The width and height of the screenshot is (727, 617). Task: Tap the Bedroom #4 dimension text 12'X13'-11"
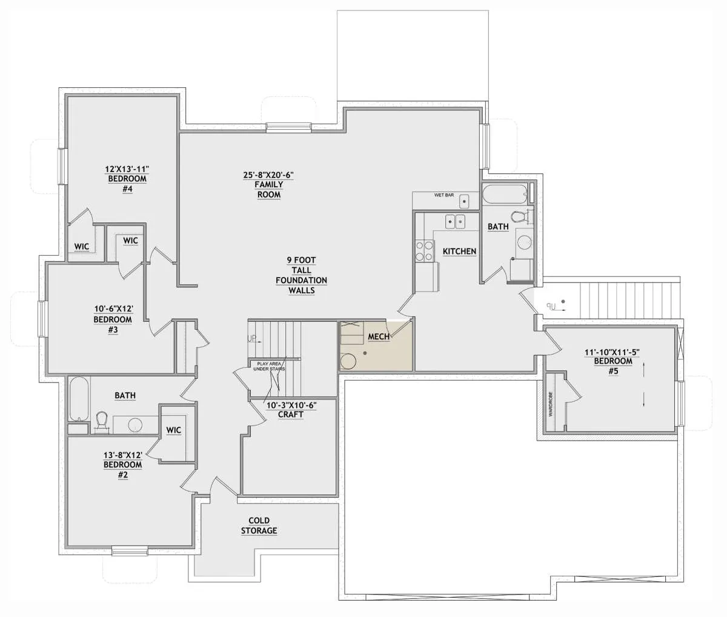pyautogui.click(x=127, y=169)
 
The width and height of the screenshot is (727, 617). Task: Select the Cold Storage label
pyautogui.click(x=259, y=525)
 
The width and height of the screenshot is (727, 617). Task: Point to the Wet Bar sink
pyautogui.click(x=464, y=201)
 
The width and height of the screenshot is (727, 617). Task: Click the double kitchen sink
pyautogui.click(x=455, y=222)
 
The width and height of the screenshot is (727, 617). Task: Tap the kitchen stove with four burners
pyautogui.click(x=424, y=250)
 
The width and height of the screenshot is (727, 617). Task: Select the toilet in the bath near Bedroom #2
pyautogui.click(x=102, y=421)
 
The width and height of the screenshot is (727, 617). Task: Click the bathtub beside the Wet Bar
pyautogui.click(x=505, y=195)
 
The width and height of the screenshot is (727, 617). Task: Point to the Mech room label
pyautogui.click(x=379, y=336)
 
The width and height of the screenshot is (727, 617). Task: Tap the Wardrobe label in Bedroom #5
pyautogui.click(x=551, y=404)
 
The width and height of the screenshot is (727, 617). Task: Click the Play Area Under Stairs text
pyautogui.click(x=269, y=367)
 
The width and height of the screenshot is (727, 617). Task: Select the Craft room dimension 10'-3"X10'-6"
pyautogui.click(x=291, y=405)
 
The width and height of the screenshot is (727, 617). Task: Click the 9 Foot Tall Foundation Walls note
pyautogui.click(x=301, y=275)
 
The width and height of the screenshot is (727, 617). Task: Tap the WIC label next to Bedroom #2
pyautogui.click(x=173, y=430)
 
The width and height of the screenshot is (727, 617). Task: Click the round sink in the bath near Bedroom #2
pyautogui.click(x=134, y=425)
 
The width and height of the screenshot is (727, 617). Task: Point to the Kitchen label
pyautogui.click(x=459, y=252)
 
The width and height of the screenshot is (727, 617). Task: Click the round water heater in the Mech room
pyautogui.click(x=348, y=362)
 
